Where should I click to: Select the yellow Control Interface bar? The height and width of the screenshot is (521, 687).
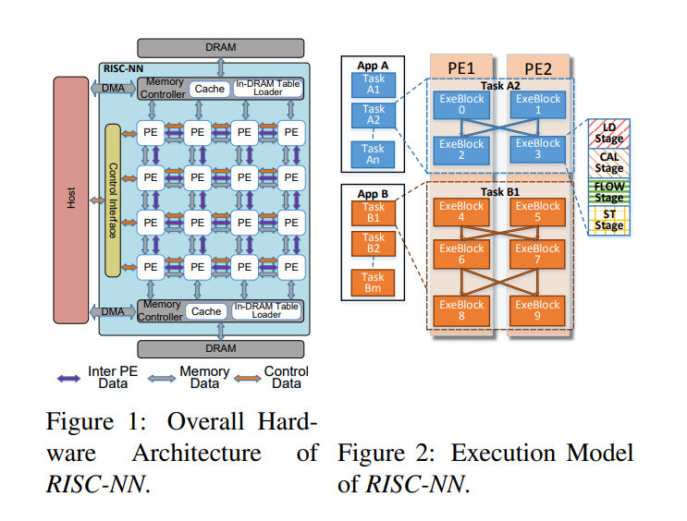[114, 199]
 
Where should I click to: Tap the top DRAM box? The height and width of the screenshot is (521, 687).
[220, 47]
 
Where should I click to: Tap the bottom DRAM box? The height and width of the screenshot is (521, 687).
[220, 348]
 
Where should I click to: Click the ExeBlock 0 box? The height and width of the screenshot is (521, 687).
[461, 103]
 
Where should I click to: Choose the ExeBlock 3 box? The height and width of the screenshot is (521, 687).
[538, 149]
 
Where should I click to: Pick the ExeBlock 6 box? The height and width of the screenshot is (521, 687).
[461, 254]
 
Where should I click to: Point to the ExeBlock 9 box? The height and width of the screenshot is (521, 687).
[538, 309]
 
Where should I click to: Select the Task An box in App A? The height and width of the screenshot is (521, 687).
[373, 153]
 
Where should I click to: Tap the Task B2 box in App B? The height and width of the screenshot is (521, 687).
[373, 243]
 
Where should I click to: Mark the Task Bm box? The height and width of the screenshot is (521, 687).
[373, 282]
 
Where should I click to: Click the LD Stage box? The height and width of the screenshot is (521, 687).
[608, 134]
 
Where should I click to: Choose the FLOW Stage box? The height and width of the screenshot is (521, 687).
[608, 192]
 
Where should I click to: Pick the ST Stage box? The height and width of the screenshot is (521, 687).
[608, 220]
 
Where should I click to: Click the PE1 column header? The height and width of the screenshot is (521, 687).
[461, 68]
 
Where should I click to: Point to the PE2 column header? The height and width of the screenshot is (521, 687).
[538, 68]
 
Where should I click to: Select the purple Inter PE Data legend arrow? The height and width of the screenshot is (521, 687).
[67, 377]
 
